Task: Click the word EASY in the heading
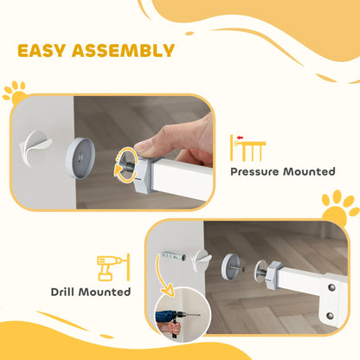[x=42, y=51]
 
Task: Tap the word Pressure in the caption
[x=254, y=171]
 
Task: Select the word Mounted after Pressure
[x=309, y=171]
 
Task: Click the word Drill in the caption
[x=63, y=292]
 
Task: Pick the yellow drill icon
[x=113, y=267]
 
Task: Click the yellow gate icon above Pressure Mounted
[x=247, y=148]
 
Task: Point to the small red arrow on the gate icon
[x=240, y=138]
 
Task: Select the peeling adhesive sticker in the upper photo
[x=35, y=148]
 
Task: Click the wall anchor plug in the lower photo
[x=174, y=256]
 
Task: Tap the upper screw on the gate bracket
[x=332, y=287]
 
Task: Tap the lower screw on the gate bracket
[x=331, y=316]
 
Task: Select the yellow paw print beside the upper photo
[x=15, y=93]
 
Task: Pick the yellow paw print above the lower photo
[x=339, y=207]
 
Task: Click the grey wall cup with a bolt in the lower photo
[x=231, y=267]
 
